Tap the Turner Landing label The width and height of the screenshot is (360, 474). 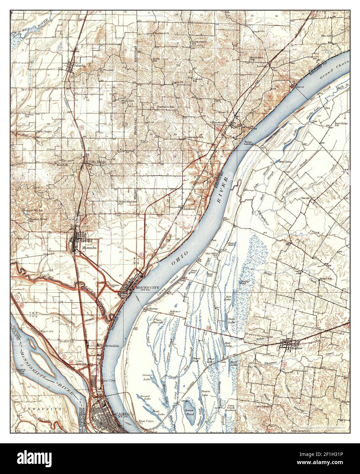(x=248, y=143)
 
